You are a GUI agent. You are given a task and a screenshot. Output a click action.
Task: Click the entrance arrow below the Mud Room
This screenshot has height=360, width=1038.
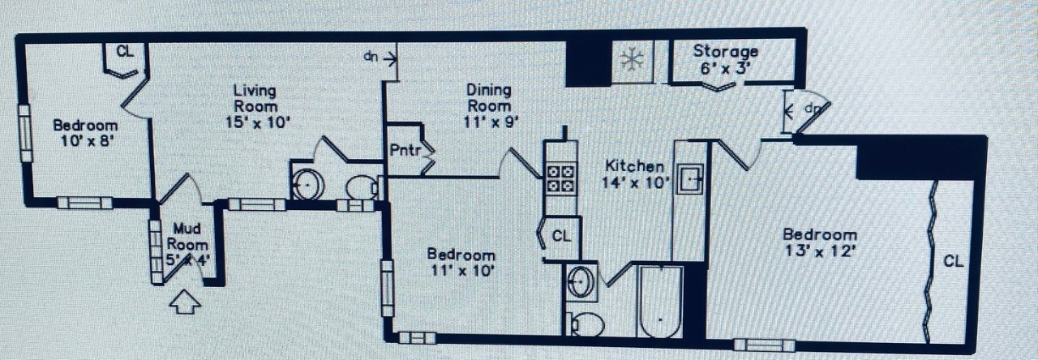click(185, 302)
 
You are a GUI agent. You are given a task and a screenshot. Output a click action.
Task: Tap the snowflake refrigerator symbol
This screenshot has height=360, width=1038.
click(632, 60)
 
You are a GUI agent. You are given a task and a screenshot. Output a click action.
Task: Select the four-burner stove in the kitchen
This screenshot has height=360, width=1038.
click(560, 179)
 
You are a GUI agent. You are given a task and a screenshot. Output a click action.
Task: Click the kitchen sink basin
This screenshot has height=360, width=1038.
click(690, 178)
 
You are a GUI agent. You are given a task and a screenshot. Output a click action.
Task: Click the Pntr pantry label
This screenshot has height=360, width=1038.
click(406, 151)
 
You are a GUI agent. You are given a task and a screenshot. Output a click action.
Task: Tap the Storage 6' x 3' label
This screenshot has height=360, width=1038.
click(725, 60)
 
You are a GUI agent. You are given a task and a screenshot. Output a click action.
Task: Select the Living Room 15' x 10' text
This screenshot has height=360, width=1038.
click(256, 106)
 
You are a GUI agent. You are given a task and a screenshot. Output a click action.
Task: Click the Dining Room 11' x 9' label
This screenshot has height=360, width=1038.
click(489, 105)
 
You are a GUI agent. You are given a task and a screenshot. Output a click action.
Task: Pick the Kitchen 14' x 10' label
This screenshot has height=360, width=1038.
click(635, 174)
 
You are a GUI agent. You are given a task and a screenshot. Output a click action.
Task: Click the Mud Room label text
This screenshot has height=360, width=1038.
click(187, 237)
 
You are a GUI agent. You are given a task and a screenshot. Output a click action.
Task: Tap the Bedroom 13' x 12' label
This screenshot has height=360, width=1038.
click(819, 242)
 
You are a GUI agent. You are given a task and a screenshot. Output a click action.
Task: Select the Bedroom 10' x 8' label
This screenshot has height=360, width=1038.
click(85, 132)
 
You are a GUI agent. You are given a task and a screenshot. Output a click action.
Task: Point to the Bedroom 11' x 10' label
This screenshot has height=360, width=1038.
click(461, 262)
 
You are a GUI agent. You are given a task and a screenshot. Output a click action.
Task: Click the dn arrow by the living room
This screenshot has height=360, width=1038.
click(380, 58)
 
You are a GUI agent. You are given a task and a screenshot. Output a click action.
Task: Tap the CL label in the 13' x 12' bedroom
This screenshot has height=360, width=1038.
click(953, 261)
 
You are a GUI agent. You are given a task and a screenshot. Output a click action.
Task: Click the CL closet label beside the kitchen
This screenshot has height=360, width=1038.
click(562, 236)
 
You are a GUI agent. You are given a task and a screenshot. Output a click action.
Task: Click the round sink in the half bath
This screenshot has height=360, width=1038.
click(307, 184)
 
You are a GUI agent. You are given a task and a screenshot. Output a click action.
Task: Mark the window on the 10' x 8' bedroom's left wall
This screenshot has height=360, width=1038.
click(25, 134)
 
